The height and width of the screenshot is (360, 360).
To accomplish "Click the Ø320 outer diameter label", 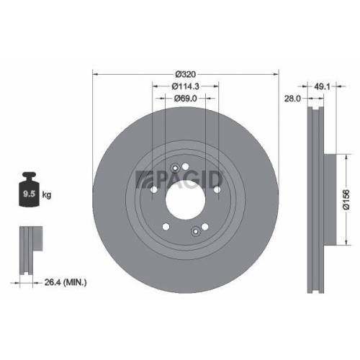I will click(x=186, y=73).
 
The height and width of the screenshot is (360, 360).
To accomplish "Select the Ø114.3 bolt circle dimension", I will click(x=186, y=86).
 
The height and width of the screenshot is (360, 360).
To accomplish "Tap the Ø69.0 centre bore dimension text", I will click(x=186, y=99).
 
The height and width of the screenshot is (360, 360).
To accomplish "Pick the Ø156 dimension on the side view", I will click(x=346, y=194).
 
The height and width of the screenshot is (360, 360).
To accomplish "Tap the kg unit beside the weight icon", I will click(x=46, y=194).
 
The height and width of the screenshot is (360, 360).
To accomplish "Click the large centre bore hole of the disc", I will click(x=186, y=195).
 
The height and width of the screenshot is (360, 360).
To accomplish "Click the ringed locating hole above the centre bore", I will click(x=175, y=168).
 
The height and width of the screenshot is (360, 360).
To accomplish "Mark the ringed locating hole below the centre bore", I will click(x=196, y=231).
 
